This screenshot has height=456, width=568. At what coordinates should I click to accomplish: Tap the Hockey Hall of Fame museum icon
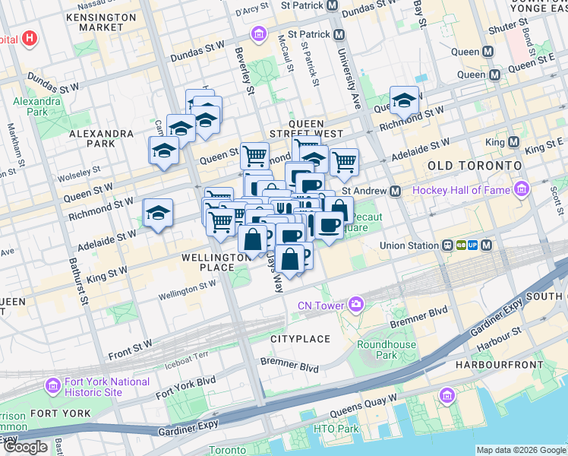tap(521, 188)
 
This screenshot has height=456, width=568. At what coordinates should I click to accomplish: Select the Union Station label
tap(408, 245)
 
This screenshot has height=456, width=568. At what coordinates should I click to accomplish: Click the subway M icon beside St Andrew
tap(395, 192)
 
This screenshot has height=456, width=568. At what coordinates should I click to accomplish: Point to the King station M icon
tap(513, 142)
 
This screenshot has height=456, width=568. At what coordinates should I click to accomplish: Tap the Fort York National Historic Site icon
tap(52, 386)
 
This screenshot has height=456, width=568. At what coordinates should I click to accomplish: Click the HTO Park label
tap(336, 429)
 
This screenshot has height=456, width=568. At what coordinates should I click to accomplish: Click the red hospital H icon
tap(29, 38)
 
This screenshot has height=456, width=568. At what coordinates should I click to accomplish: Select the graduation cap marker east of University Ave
tap(405, 101)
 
